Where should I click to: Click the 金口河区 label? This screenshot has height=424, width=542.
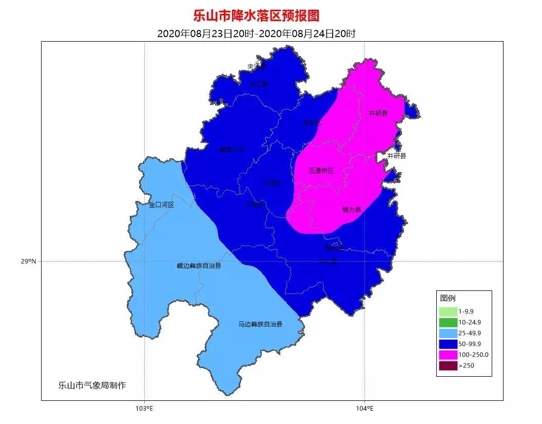tap(162, 205)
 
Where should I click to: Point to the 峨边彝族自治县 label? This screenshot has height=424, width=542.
tap(199, 266)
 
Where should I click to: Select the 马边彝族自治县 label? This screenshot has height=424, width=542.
tap(260, 324)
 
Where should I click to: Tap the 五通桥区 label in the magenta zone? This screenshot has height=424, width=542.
tap(321, 171)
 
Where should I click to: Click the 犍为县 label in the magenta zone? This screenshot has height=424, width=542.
tap(352, 210)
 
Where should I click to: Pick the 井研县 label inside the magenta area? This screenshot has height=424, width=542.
tap(379, 113)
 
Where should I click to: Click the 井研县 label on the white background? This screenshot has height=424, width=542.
tap(396, 155)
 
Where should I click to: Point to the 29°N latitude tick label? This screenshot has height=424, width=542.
tap(29, 261)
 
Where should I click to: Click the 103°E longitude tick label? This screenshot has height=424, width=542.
tap(144, 409)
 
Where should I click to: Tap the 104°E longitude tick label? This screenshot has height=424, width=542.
tap(364, 409)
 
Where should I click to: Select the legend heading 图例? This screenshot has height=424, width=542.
tap(448, 298)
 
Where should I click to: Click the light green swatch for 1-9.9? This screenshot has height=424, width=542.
tap(448, 311)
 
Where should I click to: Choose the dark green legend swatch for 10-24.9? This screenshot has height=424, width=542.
tap(448, 322)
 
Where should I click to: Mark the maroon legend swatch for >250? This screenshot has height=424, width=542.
tap(448, 365)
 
